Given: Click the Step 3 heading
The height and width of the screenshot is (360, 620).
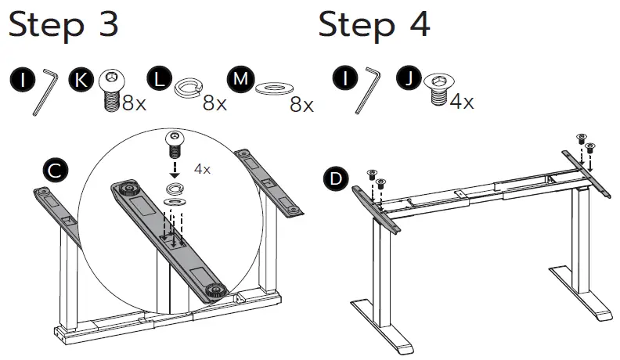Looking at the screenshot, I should (x=63, y=25).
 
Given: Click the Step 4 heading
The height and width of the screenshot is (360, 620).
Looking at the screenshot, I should (x=374, y=25).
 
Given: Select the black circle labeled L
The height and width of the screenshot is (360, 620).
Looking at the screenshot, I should (x=159, y=78).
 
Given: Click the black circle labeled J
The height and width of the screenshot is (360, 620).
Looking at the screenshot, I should (x=409, y=78).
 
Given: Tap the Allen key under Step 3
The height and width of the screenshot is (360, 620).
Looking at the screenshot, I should (x=46, y=91).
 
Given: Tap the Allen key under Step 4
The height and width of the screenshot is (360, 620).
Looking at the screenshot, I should (x=366, y=91).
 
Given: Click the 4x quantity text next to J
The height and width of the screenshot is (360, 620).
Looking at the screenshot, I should (x=461, y=102).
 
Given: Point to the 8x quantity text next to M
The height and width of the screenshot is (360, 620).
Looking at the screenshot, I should (x=301, y=104).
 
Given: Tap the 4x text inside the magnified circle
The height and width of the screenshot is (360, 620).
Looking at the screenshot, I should (x=202, y=169).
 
